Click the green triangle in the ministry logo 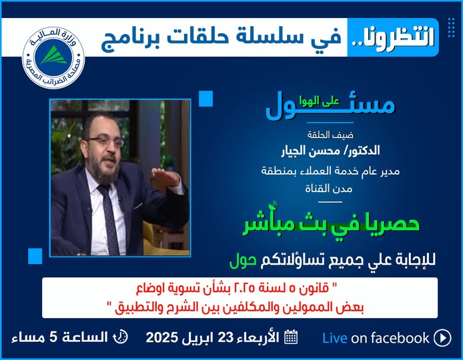click(x=54, y=55)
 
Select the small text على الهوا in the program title click(x=319, y=101)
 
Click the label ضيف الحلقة click(x=330, y=135)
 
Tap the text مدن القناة click(x=329, y=189)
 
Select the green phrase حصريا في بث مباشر click(x=331, y=224)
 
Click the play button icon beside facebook click(x=442, y=337)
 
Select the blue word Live click(x=334, y=338)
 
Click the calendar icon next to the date click(x=291, y=337)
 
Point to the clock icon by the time click(x=121, y=337)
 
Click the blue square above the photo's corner click(x=205, y=99)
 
